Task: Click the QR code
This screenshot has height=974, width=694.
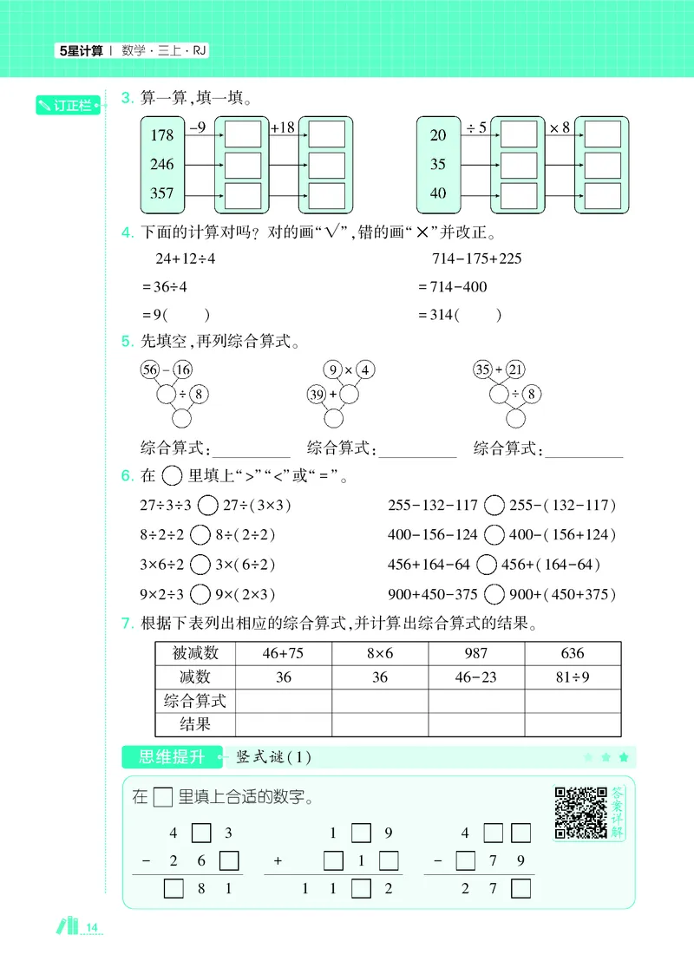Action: point(580,812)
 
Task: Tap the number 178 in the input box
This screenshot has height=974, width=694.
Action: point(162,135)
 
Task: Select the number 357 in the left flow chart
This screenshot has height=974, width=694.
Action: point(162,193)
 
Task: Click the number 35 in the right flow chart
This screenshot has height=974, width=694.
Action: point(438,164)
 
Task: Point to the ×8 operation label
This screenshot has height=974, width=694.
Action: point(560,128)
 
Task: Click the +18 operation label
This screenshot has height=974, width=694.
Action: point(283,128)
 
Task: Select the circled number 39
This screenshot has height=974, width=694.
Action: point(317,395)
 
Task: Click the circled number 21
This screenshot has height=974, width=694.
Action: point(515,369)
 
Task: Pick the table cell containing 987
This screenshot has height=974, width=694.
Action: point(476,653)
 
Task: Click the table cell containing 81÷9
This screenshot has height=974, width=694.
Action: point(573,677)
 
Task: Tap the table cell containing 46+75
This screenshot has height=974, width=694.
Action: point(284,653)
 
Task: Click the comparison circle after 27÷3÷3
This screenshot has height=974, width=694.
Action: point(207,505)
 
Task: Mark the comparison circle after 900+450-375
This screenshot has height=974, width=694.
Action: point(494,594)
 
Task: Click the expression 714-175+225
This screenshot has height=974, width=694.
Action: point(476,258)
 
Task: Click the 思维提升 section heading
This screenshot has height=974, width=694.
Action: point(172,757)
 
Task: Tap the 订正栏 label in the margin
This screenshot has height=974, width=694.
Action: point(66,106)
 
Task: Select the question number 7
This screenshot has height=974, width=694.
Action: point(128,623)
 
